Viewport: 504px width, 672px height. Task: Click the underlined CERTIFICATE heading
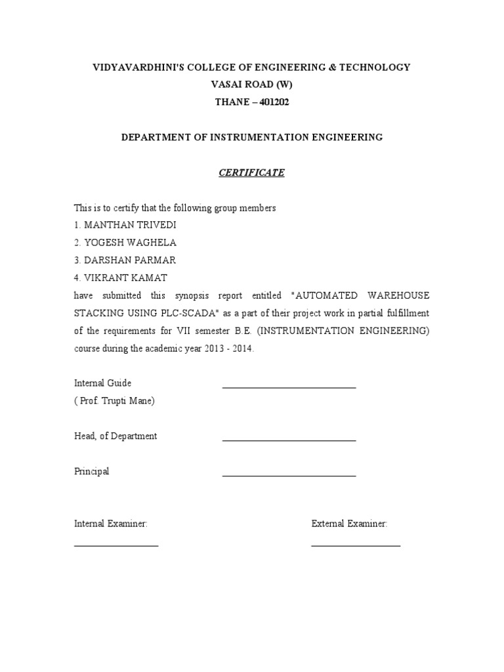click(251, 173)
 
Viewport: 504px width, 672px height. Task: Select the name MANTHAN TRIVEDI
click(129, 225)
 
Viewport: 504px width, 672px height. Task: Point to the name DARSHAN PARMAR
click(129, 261)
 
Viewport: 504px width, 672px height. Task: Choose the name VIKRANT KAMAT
click(124, 278)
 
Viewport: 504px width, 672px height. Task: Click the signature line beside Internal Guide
click(289, 387)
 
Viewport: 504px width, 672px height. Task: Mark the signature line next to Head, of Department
click(289, 440)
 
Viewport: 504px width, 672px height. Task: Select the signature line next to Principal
click(289, 476)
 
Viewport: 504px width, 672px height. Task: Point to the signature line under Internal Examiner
click(116, 545)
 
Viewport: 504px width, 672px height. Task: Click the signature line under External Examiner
click(356, 545)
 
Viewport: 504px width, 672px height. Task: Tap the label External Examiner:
click(350, 524)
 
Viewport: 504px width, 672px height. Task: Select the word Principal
click(92, 472)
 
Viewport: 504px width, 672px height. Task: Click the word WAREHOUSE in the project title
click(397, 296)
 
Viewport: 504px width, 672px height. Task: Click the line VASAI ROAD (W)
click(251, 85)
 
